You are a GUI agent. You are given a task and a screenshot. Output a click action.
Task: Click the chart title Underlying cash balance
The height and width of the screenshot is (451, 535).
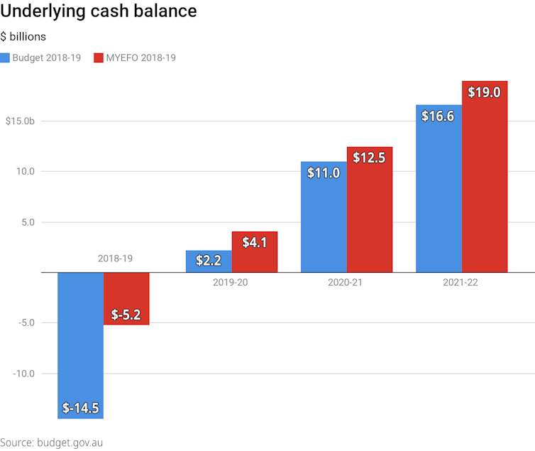[x=99, y=12]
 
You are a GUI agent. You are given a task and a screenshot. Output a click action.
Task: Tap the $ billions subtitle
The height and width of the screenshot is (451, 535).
[x=23, y=37]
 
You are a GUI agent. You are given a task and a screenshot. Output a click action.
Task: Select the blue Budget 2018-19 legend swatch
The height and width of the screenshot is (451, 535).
[x=6, y=58]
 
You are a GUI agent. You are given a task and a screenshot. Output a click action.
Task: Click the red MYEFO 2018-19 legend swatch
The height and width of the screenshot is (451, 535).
[x=99, y=58]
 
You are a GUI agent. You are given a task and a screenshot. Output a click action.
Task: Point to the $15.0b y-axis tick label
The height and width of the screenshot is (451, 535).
[x=20, y=121]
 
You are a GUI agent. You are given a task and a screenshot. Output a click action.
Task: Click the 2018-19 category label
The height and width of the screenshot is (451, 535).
[x=115, y=259]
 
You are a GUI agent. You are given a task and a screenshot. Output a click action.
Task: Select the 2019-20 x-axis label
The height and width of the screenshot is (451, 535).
[x=230, y=283]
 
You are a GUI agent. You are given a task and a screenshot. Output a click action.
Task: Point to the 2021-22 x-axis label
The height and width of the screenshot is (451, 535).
[x=460, y=283]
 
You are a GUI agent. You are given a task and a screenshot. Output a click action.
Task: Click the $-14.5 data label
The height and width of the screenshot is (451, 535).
[x=80, y=408]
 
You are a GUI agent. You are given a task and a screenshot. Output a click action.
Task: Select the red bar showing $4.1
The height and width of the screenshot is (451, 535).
[x=254, y=252]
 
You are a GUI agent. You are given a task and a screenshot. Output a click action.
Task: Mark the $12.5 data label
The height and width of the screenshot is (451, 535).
[x=369, y=158]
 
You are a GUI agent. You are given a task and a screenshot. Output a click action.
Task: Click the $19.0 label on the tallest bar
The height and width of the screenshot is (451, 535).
[x=485, y=92]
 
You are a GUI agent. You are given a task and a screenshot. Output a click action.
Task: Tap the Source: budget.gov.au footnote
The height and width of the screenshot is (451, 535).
[x=52, y=442]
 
